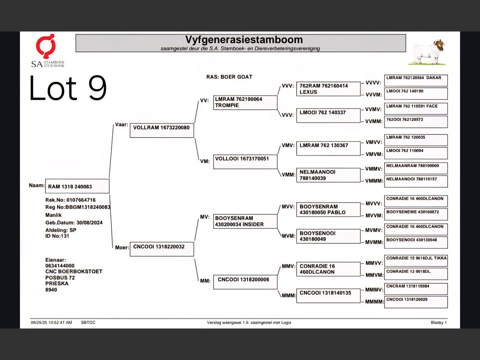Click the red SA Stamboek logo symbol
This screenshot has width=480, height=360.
(45, 46)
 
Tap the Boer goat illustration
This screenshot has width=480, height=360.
(427, 52)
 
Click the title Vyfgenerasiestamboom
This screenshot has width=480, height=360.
(244, 40)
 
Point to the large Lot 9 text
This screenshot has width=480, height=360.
(68, 88)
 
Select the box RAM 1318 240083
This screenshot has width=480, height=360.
(77, 186)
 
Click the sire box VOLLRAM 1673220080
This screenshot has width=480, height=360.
(162, 130)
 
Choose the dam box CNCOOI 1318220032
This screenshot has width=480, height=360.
(162, 249)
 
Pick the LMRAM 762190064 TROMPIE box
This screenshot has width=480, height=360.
(245, 102)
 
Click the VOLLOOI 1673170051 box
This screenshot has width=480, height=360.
(245, 162)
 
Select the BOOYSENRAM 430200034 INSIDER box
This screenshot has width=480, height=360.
(245, 221)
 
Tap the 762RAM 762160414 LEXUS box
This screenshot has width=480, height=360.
(328, 89)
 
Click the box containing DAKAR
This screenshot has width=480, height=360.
(416, 80)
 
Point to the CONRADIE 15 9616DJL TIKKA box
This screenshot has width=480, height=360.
(416, 261)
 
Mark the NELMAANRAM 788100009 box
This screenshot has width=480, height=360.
(416, 168)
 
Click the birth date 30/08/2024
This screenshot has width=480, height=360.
(90, 223)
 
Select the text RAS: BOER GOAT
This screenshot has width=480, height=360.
(229, 77)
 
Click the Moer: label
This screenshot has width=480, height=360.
(122, 247)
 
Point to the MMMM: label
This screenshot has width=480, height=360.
(374, 302)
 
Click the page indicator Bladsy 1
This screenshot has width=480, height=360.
(439, 322)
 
